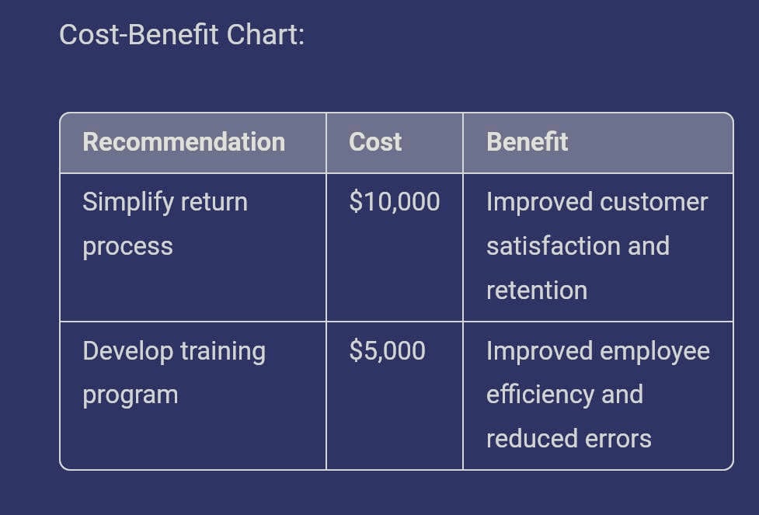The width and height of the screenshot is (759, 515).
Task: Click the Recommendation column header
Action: tap(183, 142)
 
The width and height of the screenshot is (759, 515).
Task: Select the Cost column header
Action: tap(375, 142)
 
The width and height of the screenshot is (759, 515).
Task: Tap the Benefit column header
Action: tap(527, 142)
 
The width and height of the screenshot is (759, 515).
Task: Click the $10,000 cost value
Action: tap(394, 202)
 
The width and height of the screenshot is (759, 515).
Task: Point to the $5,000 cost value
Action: tap(387, 350)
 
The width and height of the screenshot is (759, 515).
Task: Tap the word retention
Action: tap(536, 291)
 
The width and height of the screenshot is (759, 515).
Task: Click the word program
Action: tap(131, 395)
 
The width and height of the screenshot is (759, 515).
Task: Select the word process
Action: tap(127, 247)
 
